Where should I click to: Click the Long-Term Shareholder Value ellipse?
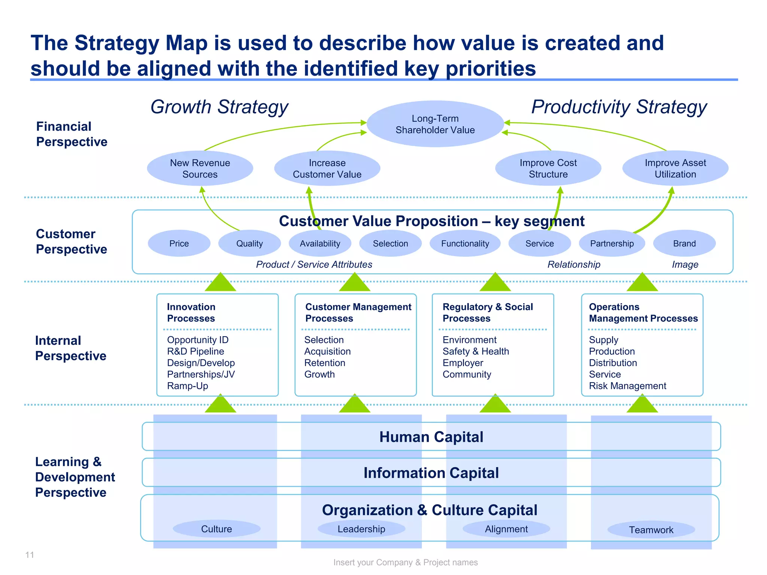click(435, 124)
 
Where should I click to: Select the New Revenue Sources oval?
click(200, 168)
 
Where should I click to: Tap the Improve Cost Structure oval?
click(548, 168)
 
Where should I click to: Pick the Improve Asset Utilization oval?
click(675, 168)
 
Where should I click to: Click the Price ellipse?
click(179, 243)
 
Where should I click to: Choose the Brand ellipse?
click(684, 243)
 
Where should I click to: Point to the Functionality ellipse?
click(465, 243)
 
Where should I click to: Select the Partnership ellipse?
click(612, 243)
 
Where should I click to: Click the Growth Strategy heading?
click(219, 107)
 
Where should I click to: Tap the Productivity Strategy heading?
click(619, 107)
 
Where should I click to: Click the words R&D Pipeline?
click(195, 352)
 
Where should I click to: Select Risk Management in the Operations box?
click(627, 386)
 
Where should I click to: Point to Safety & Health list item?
click(476, 352)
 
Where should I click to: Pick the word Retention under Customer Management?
click(325, 363)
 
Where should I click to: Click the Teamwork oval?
click(651, 530)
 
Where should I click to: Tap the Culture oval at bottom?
click(216, 529)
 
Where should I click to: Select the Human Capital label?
click(431, 437)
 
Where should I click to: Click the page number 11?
click(30, 555)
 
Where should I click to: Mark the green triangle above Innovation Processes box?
click(221, 283)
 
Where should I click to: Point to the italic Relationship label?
click(574, 265)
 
